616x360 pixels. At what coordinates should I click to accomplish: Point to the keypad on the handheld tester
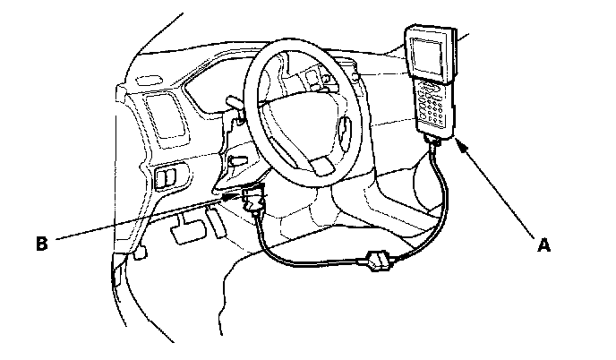click(x=436, y=106)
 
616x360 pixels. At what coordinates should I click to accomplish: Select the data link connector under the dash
click(x=252, y=201)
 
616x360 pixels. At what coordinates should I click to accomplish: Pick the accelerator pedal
click(x=216, y=216)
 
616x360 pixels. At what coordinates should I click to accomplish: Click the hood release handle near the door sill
click(x=140, y=254)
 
